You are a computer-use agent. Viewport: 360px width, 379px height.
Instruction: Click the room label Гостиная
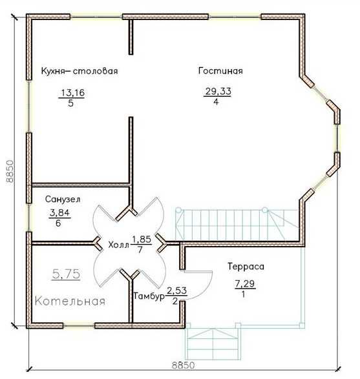click(220, 71)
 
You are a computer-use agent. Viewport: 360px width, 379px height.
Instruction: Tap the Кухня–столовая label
click(79, 71)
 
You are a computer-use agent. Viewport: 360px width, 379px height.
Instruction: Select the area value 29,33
click(218, 92)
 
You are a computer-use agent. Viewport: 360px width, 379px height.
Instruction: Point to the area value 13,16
click(73, 92)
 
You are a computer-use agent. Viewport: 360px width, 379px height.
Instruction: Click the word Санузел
click(63, 199)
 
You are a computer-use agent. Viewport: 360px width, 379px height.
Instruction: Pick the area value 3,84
click(59, 213)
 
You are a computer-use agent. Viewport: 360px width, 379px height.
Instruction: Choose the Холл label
click(118, 245)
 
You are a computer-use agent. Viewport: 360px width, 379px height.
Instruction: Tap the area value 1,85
click(142, 240)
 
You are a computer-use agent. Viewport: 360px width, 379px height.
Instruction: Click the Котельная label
click(70, 302)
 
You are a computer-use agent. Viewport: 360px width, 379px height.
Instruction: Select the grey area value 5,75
click(66, 274)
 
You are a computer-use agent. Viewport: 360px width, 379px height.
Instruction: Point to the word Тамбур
click(149, 296)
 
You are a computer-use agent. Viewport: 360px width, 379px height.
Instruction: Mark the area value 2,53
click(176, 291)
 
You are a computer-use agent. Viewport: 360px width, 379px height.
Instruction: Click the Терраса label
click(246, 267)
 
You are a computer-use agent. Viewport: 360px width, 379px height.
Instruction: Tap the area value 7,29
click(245, 284)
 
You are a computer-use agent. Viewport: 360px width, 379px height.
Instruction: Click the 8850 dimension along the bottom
click(183, 365)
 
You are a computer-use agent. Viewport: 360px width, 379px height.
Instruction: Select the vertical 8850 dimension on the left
click(10, 171)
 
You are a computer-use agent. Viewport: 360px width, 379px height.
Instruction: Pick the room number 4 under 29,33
click(216, 102)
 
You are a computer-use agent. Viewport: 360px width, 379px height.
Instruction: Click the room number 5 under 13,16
click(70, 103)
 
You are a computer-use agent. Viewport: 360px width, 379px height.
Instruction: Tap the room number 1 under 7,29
click(243, 294)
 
